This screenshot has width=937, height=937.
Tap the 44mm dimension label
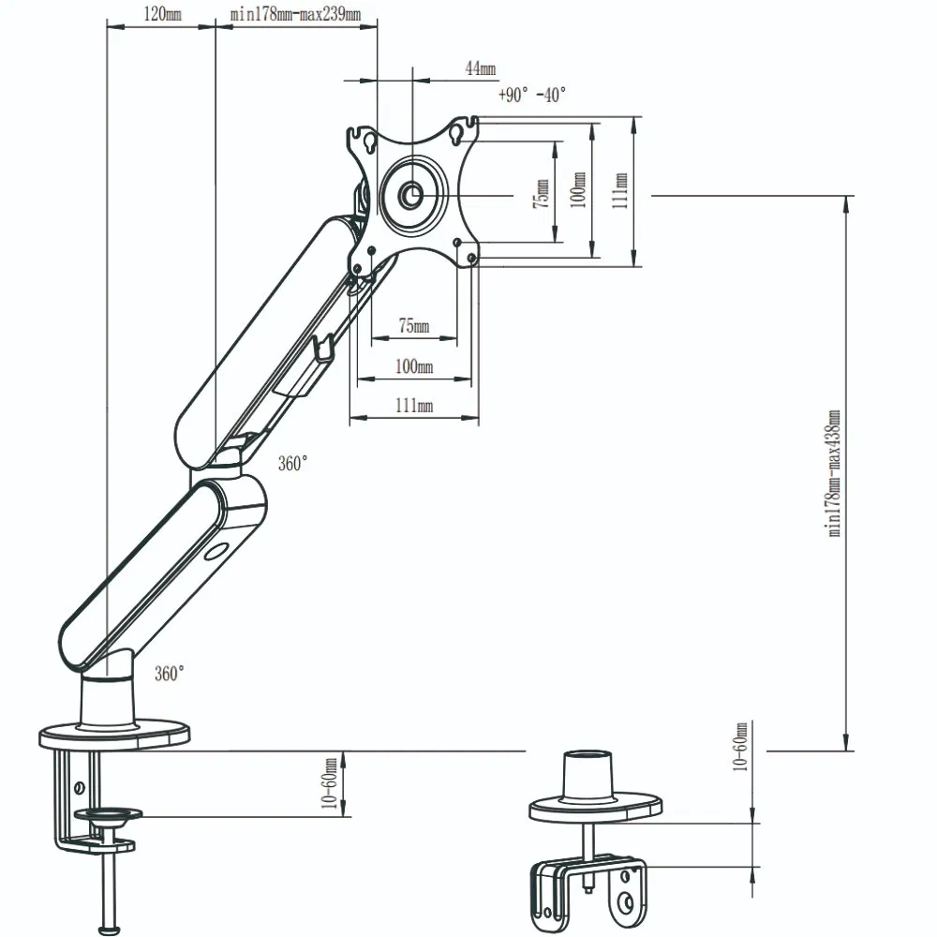coord(481,68)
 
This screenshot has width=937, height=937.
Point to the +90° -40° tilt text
coord(532,95)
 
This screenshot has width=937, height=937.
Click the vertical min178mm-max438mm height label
coord(833,472)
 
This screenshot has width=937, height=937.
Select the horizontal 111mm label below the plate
coord(413,406)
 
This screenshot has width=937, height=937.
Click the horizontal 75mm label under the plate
coord(413,326)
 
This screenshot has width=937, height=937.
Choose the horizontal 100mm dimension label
coord(413,366)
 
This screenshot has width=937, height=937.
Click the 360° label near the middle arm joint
coord(292,464)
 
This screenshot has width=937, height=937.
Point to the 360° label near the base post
coord(169,673)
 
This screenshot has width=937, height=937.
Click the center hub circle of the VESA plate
coord(410,195)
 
